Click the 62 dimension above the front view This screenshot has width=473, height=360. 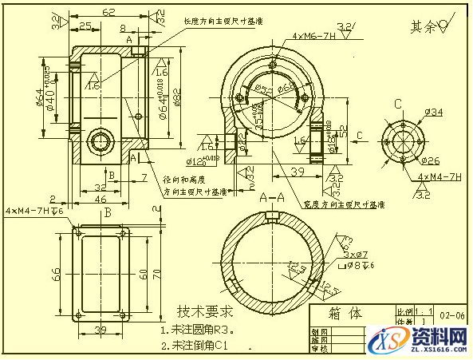pos(108,12)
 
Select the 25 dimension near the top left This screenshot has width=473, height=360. pos(84,26)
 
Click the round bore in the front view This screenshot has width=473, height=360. pos(101,140)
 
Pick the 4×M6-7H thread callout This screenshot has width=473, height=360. pos(313,36)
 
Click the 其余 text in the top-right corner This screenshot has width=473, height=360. pos(424,27)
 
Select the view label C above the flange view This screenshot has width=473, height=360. pos(397,104)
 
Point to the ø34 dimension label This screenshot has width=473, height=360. pos(432,113)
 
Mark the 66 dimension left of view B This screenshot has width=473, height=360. pos(57,273)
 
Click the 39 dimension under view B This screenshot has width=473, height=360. pos(101,330)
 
